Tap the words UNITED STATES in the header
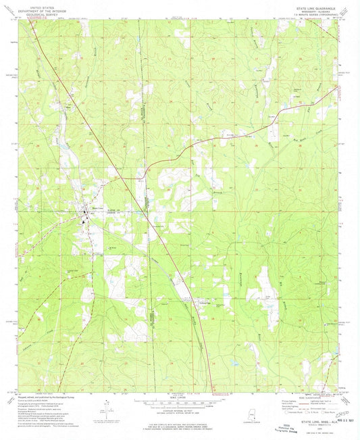(41, 3)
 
